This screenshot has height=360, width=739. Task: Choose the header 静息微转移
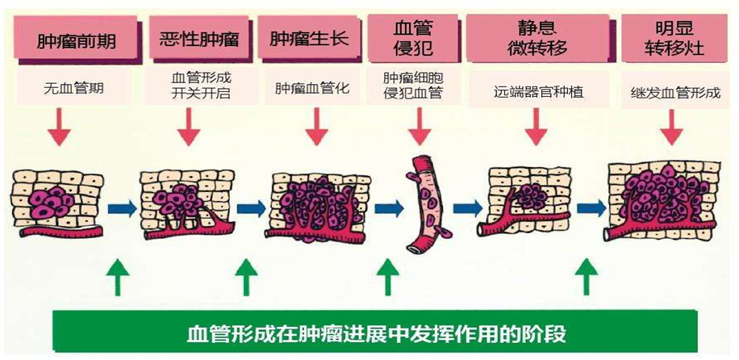point(537,38)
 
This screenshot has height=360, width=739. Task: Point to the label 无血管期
point(75,87)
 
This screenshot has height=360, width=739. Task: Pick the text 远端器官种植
point(538,91)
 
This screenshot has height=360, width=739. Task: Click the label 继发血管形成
point(674,91)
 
